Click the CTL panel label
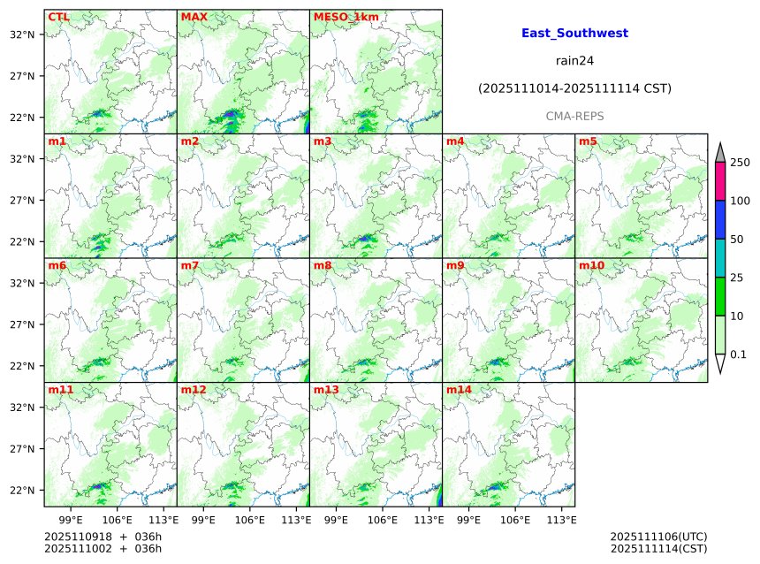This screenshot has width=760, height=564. tap(58, 17)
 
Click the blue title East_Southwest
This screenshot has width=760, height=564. tap(574, 33)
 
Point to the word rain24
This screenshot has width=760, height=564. tap(574, 61)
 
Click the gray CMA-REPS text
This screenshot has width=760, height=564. tap(574, 116)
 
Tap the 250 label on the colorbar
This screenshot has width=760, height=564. tap(740, 163)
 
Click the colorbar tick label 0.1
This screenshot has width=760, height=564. tap(738, 354)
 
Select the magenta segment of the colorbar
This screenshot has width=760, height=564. tap(719, 181)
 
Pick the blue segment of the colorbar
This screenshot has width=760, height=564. tap(719, 219)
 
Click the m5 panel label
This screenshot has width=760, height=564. tap(588, 141)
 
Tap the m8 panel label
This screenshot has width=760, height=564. tap(323, 265)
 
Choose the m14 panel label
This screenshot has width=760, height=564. tap(459, 390)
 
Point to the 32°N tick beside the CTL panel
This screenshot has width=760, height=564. tap(22, 34)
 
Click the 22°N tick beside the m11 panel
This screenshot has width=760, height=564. tap(22, 491)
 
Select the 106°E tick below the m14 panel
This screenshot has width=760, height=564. tap(515, 519)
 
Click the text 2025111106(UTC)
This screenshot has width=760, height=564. tap(658, 537)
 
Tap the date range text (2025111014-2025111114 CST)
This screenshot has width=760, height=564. tap(574, 88)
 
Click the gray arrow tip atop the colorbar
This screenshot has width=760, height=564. tap(719, 152)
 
